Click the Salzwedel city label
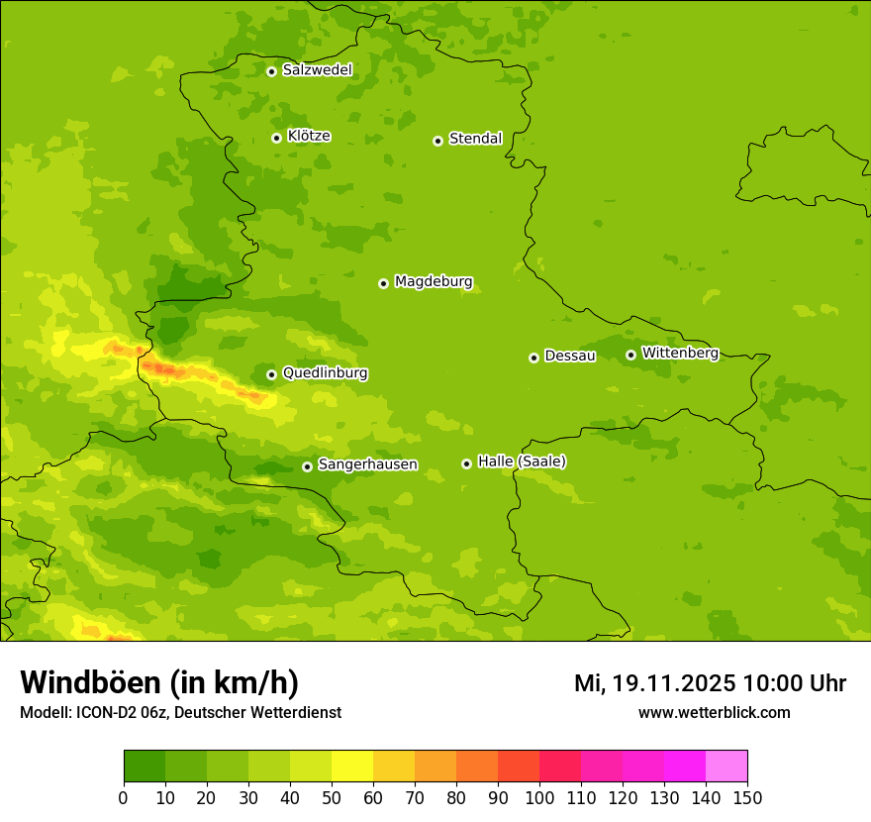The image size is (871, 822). pyautogui.click(x=317, y=70)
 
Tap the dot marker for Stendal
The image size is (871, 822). pyautogui.click(x=437, y=141)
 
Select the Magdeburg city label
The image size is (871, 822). pyautogui.click(x=434, y=282)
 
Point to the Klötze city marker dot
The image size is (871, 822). pyautogui.click(x=276, y=138)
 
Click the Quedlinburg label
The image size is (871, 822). pyautogui.click(x=325, y=373)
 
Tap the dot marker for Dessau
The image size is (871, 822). pyautogui.click(x=533, y=358)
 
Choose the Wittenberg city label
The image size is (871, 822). pyautogui.click(x=680, y=353)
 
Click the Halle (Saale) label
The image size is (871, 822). pyautogui.click(x=522, y=462)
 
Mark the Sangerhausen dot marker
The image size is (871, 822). pyautogui.click(x=307, y=466)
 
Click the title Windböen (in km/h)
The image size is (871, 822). pyautogui.click(x=158, y=682)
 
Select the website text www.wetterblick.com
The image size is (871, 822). pyautogui.click(x=714, y=712)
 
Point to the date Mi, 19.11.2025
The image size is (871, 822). pyautogui.click(x=654, y=683)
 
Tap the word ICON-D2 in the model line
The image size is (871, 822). pyautogui.click(x=101, y=712)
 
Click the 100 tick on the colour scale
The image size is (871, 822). pyautogui.click(x=539, y=797)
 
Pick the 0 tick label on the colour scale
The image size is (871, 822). pyautogui.click(x=124, y=797)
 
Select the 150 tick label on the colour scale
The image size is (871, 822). pyautogui.click(x=747, y=797)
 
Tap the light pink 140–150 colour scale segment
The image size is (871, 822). pyautogui.click(x=726, y=767)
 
